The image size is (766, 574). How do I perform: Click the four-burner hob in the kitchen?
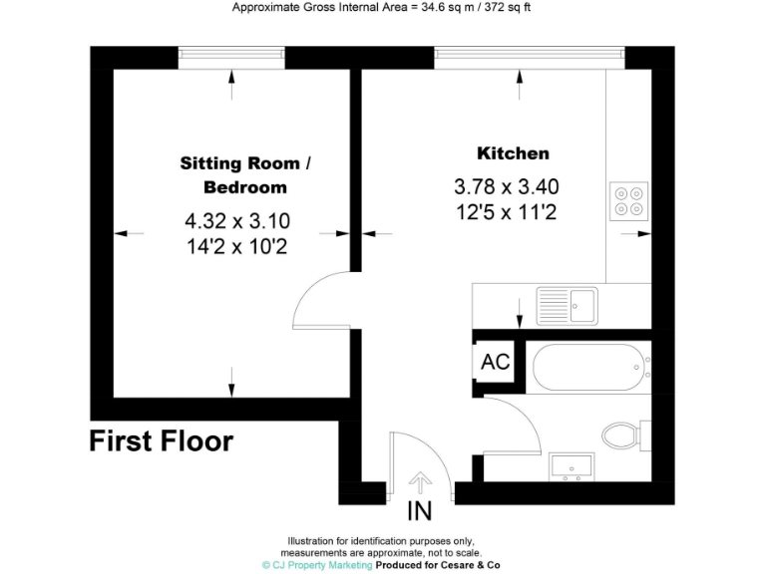(628, 200)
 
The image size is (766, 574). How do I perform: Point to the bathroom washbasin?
(571, 466)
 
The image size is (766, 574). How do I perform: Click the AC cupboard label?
(495, 362)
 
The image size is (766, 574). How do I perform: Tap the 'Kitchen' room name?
(513, 153)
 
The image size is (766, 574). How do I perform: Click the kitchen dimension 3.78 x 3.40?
(507, 186)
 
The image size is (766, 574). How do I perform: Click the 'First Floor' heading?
(162, 440)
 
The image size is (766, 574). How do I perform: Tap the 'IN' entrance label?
(420, 512)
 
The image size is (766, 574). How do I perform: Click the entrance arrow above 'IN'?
(420, 482)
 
